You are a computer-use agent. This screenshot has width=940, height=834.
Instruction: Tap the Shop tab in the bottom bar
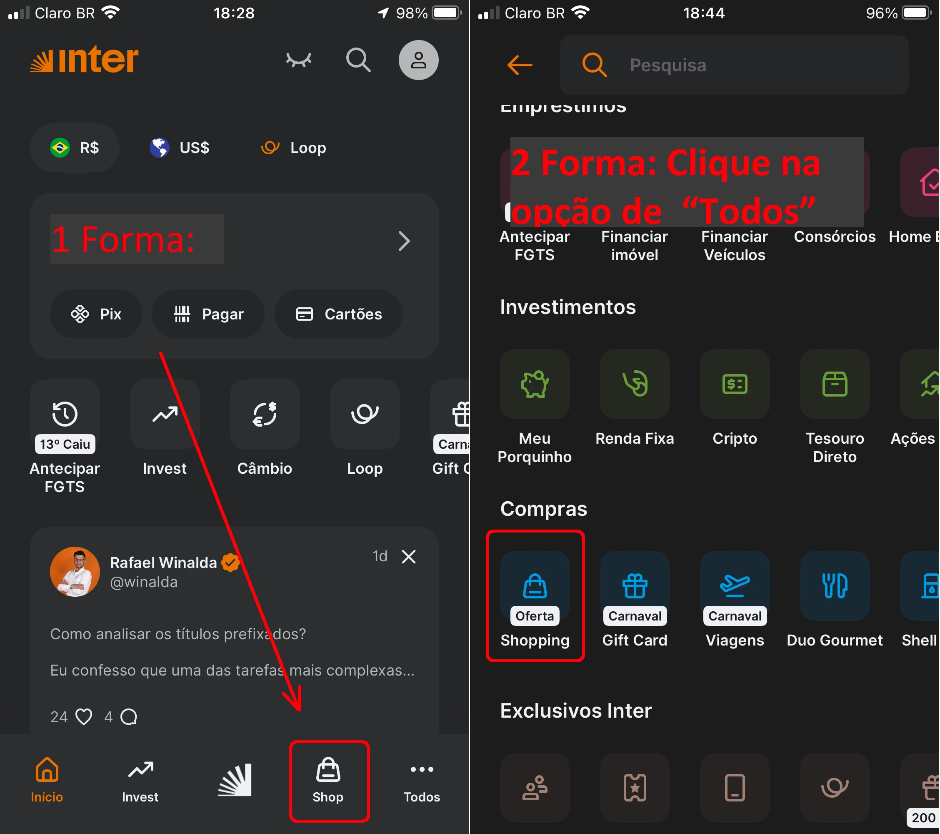pos(328,780)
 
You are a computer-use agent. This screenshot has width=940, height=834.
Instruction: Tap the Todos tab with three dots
pos(422,780)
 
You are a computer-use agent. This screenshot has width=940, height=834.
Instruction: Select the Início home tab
pos(47,780)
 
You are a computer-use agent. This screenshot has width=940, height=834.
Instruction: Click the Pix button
pos(96,314)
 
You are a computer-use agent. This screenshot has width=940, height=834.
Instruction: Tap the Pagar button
pos(208,314)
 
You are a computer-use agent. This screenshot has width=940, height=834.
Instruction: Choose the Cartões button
pos(338,314)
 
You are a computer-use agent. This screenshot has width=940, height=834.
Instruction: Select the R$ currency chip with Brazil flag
pos(75,148)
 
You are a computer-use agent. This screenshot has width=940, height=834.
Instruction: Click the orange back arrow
pos(520,65)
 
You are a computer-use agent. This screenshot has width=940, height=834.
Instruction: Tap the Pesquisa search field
pos(734,65)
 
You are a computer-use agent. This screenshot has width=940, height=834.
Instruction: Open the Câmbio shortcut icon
pos(265,414)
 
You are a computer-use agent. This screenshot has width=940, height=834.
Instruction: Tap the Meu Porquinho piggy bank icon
pos(535,384)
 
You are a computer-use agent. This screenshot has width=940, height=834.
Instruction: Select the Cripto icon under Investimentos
pos(735,384)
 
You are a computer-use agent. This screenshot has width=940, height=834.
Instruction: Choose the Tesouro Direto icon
pos(835,384)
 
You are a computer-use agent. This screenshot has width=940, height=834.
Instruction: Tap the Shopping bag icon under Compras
pos(535,586)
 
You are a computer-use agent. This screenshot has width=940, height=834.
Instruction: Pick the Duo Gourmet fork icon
pos(835,586)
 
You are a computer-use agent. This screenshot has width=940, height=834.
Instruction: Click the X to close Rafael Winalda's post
pos(409,556)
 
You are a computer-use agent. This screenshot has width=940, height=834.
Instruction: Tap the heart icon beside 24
pos(84,717)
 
